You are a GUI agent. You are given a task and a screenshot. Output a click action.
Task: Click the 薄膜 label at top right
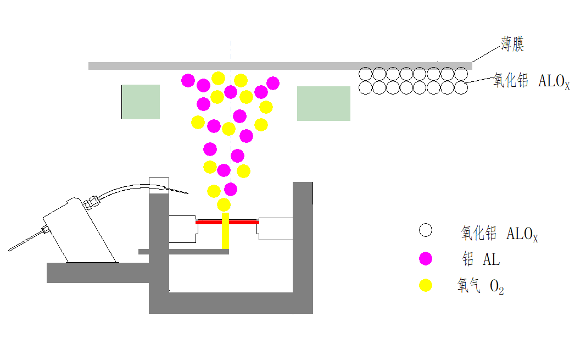coord(512,44)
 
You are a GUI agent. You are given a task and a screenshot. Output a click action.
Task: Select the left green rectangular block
coord(141,102)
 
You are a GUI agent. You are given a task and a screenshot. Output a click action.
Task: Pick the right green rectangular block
coord(323,103)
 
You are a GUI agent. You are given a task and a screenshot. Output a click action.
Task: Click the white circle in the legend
coord(425,231)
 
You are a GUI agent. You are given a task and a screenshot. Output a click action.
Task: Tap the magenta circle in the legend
coord(425,258)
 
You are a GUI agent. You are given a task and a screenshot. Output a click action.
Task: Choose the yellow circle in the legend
coord(425,285)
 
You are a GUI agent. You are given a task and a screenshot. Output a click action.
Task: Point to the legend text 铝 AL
coord(482,258)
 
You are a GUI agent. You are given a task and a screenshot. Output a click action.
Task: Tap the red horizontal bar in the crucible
coord(227,222)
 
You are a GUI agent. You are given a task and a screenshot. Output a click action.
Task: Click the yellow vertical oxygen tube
coord(225,231)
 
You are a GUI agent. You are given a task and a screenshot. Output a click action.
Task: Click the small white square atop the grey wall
coord(159,183)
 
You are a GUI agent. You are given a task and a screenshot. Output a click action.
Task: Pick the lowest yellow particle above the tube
coord(224,205)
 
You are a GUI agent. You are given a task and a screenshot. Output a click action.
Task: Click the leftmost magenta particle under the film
coord(188,81)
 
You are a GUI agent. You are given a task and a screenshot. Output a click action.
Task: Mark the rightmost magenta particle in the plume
coord(273,83)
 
